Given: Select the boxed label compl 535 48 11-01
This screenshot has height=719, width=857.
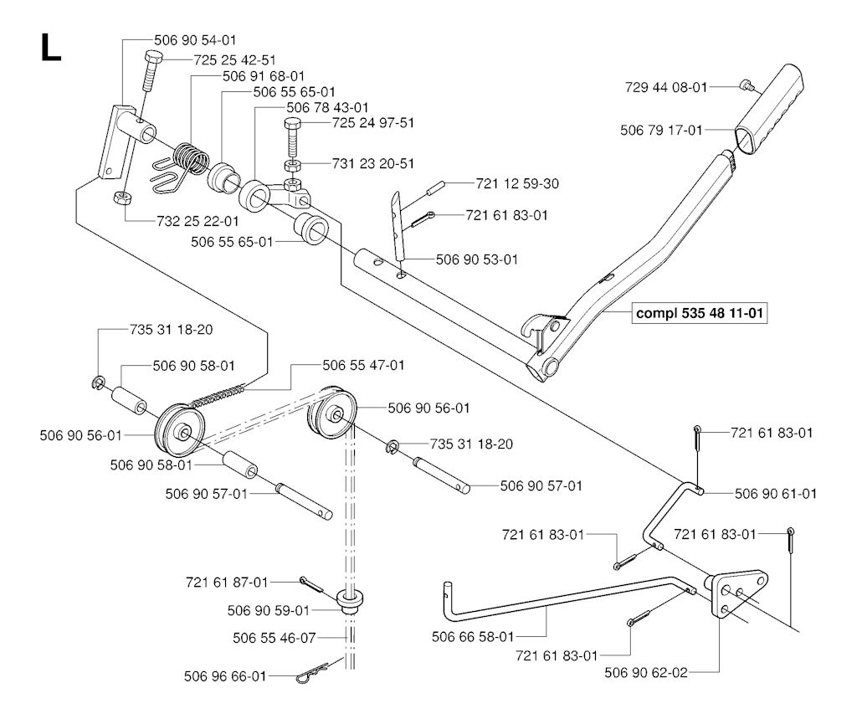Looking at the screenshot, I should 701,315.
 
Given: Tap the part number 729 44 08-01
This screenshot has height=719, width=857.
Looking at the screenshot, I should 667,86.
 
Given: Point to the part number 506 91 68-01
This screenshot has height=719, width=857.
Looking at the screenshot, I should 264,76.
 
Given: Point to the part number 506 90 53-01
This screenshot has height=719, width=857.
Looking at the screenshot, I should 477,259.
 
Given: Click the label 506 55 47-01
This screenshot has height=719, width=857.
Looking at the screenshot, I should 364,366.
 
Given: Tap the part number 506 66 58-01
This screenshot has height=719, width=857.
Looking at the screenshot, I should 472,637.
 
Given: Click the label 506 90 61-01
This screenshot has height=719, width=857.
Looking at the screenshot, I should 775,494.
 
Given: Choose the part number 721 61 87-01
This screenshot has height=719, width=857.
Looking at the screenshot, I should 228,581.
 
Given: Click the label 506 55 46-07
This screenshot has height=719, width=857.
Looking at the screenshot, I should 275,638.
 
